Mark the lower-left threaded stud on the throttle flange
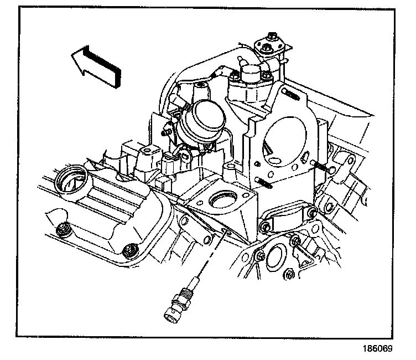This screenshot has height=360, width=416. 264,182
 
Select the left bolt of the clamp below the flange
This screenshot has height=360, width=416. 266,227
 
